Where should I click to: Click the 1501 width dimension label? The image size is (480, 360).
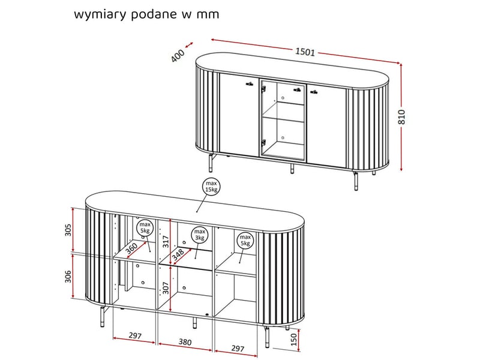point(305,52)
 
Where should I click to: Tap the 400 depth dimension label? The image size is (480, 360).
point(178,56)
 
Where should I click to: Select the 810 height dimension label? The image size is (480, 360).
point(401,116)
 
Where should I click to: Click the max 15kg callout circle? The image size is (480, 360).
point(211,187)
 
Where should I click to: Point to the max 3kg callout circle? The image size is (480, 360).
point(200,235)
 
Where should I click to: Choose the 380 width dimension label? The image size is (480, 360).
point(185,342)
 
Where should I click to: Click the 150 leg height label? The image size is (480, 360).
point(293,339)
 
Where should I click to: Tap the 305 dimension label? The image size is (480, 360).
point(68,230)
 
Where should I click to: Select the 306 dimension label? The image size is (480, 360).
point(68,277)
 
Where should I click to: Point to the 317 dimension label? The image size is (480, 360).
point(166,242)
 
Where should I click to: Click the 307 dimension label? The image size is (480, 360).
point(166,288)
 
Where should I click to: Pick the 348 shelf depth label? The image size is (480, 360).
point(178,254)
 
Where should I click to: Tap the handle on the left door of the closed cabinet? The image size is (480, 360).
point(250,83)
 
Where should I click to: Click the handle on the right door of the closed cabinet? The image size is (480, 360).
point(313,91)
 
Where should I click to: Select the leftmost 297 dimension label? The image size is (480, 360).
point(135,335)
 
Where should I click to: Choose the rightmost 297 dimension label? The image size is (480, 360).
point(238,349)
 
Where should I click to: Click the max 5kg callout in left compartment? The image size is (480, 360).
point(145,227)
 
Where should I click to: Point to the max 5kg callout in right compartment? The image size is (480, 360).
point(245,240)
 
